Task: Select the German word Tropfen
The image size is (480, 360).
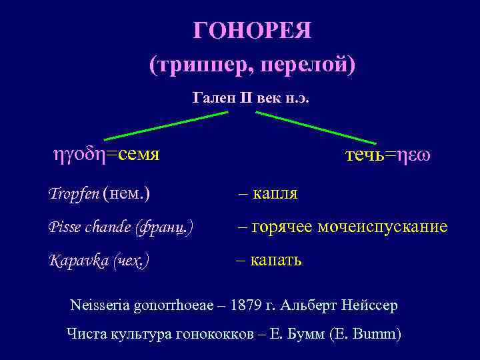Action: (x=73, y=194)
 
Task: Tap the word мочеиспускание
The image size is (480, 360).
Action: (x=393, y=227)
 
